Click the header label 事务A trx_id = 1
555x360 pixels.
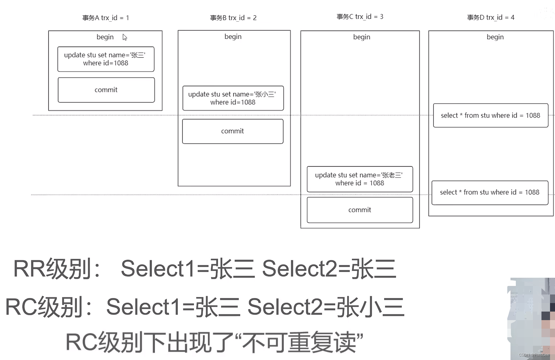(x=105, y=18)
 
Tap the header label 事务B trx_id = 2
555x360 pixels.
(x=233, y=18)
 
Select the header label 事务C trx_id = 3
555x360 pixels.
(x=360, y=17)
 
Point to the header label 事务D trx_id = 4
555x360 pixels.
(x=491, y=17)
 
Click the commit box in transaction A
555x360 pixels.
(x=106, y=90)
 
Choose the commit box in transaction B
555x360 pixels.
(x=232, y=131)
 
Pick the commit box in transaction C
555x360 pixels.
(x=360, y=210)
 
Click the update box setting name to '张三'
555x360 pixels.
(x=106, y=59)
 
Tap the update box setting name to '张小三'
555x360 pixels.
(x=233, y=98)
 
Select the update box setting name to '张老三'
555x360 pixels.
(x=360, y=179)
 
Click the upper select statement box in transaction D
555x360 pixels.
(x=490, y=115)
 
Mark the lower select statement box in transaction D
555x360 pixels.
(x=489, y=193)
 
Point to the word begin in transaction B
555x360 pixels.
(x=233, y=37)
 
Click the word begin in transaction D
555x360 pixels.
(x=495, y=37)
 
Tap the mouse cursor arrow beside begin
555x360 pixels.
(x=125, y=37)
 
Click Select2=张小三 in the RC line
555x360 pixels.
(x=325, y=307)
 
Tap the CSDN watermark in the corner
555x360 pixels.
(x=534, y=355)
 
